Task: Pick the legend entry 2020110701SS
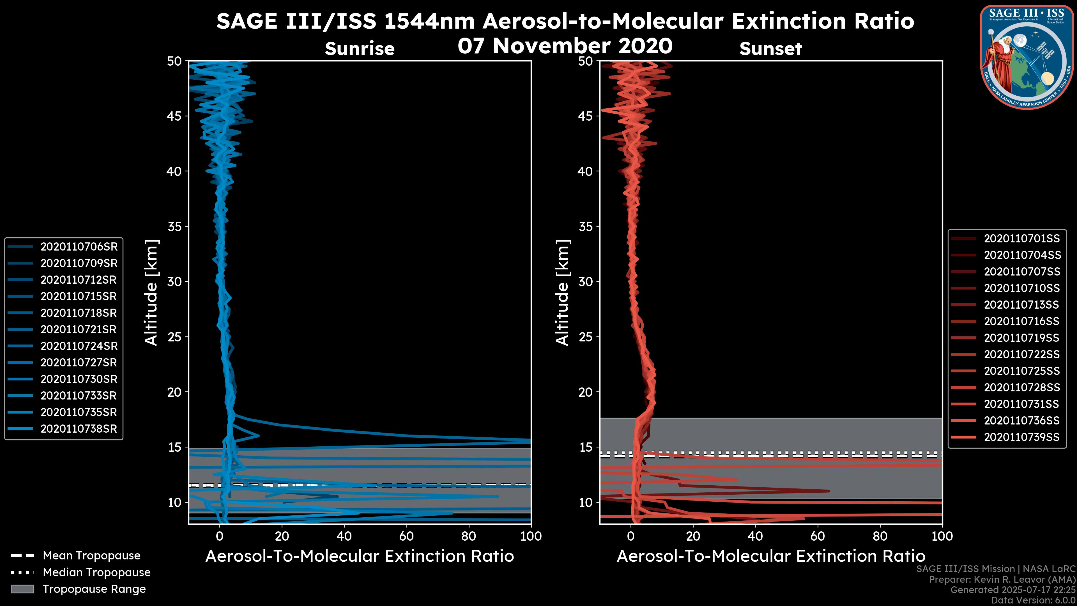(x=1022, y=238)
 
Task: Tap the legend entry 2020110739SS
(x=1022, y=437)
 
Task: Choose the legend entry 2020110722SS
(x=1022, y=354)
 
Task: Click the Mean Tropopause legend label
(x=91, y=555)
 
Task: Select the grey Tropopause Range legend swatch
(x=22, y=589)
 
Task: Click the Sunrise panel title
(x=360, y=49)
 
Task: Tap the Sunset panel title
(x=770, y=49)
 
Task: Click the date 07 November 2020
(x=565, y=46)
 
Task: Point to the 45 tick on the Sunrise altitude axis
(x=175, y=116)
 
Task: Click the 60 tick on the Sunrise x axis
(x=406, y=536)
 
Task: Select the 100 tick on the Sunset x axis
(x=942, y=536)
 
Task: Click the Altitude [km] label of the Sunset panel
(x=562, y=293)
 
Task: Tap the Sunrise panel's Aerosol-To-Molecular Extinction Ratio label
(x=360, y=556)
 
